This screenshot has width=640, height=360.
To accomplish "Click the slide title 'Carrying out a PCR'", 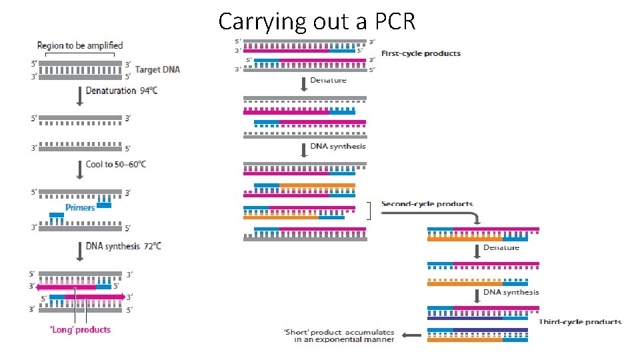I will pyautogui.click(x=317, y=21).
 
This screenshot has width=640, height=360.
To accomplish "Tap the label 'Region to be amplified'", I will pyautogui.click(x=80, y=45).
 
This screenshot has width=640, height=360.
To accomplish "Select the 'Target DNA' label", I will pyautogui.click(x=157, y=69).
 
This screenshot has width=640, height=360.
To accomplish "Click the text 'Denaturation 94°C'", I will pyautogui.click(x=121, y=91).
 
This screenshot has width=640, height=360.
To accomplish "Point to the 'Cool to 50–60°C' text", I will pyautogui.click(x=116, y=164).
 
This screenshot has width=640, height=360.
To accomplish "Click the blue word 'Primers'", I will pyautogui.click(x=80, y=207).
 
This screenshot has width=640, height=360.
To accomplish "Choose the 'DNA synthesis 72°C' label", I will pyautogui.click(x=123, y=246).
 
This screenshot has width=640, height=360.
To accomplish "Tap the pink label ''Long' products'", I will pyautogui.click(x=81, y=329).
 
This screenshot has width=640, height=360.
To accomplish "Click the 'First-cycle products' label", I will pyautogui.click(x=420, y=53).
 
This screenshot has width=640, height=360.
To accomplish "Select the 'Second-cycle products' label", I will pyautogui.click(x=427, y=204).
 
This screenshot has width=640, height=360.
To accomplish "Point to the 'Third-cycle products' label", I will pyautogui.click(x=580, y=322).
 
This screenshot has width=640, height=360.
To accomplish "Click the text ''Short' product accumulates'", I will pyautogui.click(x=339, y=332).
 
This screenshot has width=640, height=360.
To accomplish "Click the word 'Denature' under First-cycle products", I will pyautogui.click(x=328, y=80).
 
